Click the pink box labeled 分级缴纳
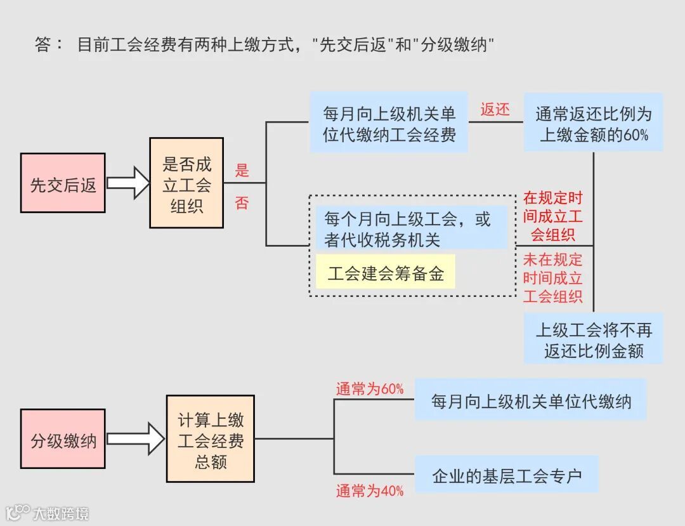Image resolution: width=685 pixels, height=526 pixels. [63, 439]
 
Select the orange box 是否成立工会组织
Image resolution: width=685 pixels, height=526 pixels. [186, 183]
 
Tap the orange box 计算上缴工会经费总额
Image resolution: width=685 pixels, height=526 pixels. [211, 438]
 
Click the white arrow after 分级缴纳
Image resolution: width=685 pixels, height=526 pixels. [135, 438]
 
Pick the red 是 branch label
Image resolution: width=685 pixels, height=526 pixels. [242, 170]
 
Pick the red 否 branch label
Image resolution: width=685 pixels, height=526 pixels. [242, 203]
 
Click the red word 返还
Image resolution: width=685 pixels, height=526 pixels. [495, 110]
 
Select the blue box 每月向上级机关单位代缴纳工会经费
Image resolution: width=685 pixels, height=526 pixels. [389, 122]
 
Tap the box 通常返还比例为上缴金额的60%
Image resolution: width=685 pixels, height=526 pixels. [593, 122]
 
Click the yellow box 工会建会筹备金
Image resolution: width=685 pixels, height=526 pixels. [386, 272]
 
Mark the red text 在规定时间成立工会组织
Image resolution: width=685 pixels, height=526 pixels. [552, 216]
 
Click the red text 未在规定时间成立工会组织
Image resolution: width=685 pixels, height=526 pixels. [552, 278]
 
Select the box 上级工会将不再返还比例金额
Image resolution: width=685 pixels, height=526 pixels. [593, 339]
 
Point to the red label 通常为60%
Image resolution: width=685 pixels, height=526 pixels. [370, 389]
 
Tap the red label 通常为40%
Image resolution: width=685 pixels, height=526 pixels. [370, 490]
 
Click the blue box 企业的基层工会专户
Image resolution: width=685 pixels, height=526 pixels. [506, 474]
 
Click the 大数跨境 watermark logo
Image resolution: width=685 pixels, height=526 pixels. [48, 512]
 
